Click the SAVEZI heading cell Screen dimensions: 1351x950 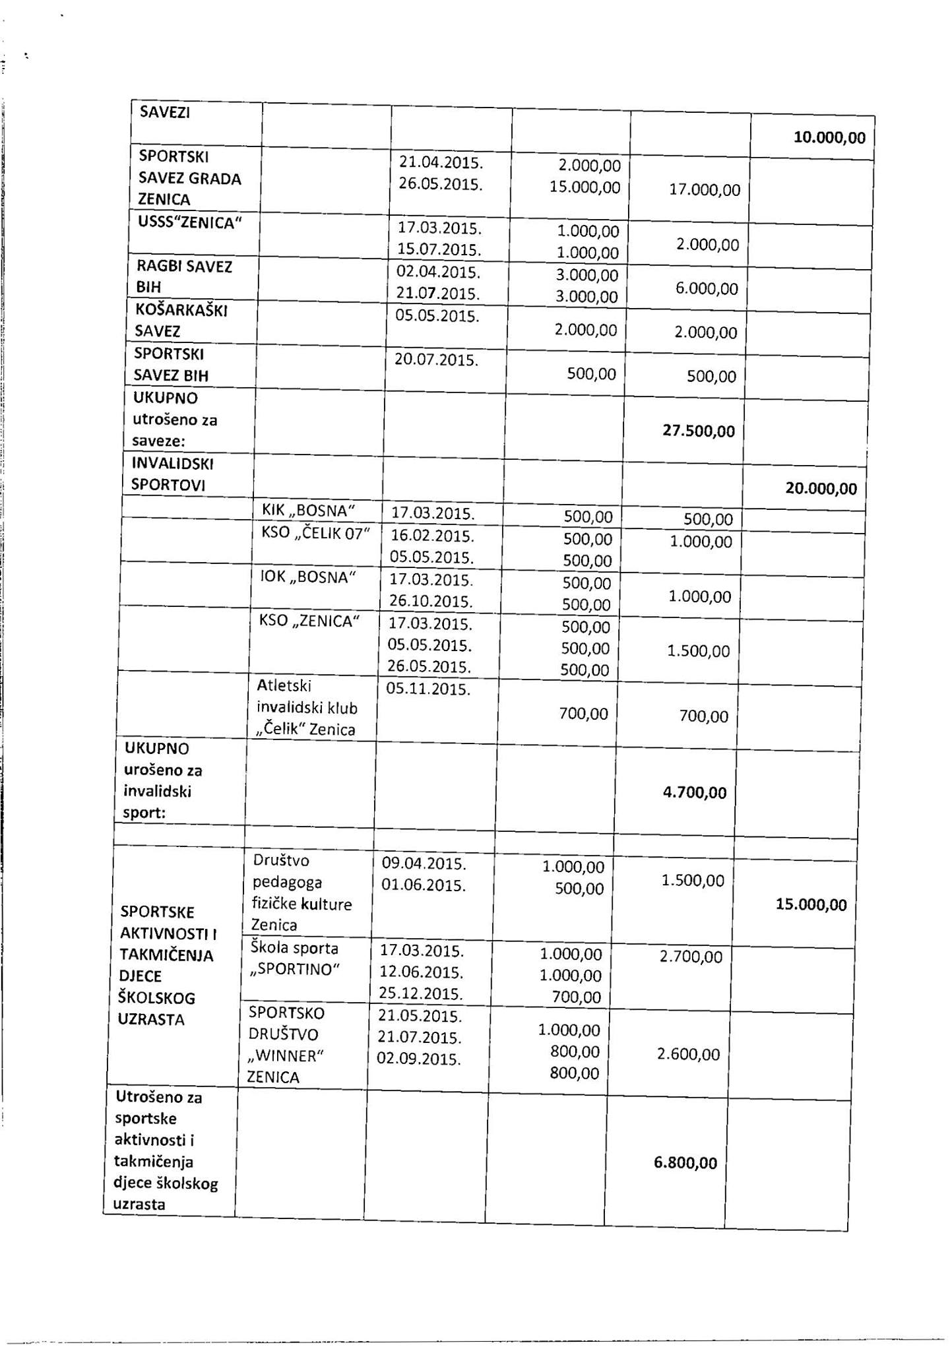(165, 112)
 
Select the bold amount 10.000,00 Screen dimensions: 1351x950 (829, 138)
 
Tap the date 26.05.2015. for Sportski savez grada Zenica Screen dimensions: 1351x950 (441, 184)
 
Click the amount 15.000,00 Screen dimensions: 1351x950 (585, 187)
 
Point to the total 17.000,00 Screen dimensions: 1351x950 (705, 190)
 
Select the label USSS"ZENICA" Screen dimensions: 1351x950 (186, 222)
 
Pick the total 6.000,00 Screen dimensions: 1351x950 (707, 289)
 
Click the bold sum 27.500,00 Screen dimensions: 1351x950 (698, 431)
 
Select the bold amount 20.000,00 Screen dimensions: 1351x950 (821, 489)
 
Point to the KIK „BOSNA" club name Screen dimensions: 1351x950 (309, 510)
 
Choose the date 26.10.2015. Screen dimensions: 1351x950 (431, 602)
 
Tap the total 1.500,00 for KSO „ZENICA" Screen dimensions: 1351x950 (699, 651)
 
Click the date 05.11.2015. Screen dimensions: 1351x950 (428, 690)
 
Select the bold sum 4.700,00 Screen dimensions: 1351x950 (695, 792)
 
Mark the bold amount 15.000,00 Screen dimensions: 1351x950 (811, 904)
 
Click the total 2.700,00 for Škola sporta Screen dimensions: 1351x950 (691, 957)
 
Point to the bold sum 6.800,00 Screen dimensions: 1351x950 (685, 1163)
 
